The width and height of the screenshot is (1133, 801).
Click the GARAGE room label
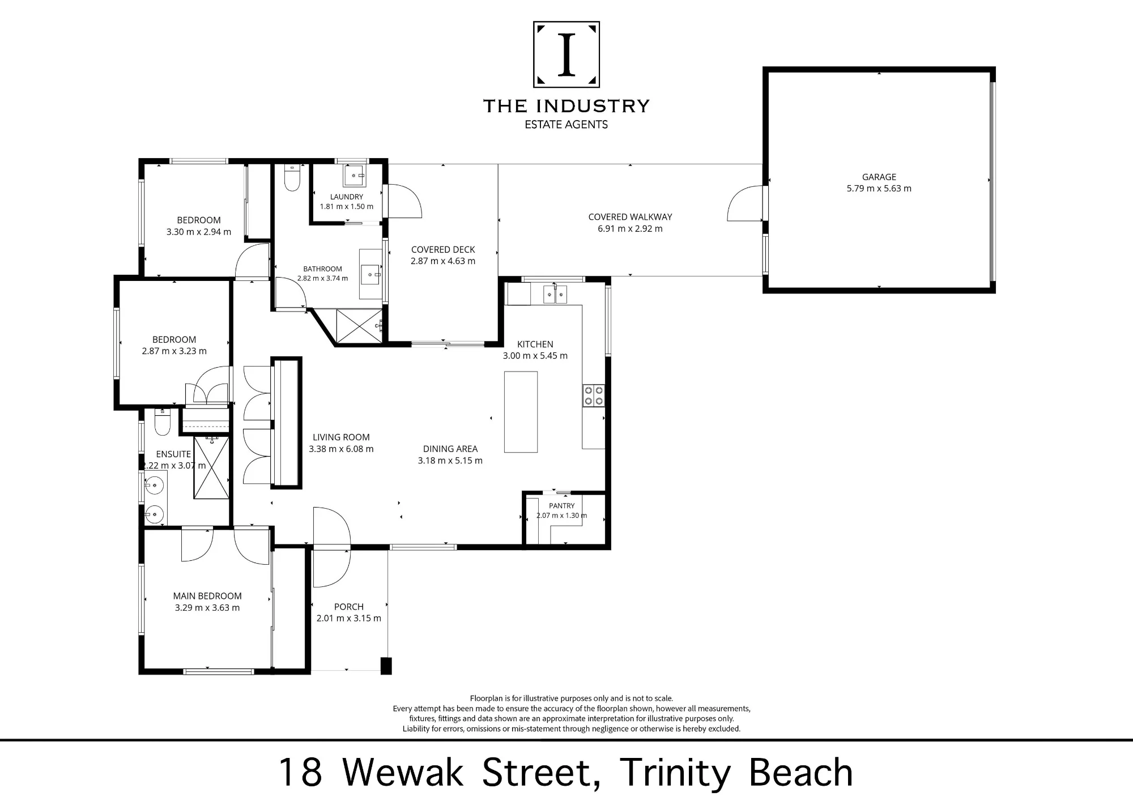point(879,177)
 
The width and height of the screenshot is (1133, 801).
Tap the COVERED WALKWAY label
point(630,216)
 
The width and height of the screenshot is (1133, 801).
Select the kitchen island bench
point(521,412)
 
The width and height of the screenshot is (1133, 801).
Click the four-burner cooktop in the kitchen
point(594,395)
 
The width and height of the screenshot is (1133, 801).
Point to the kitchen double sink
point(555,295)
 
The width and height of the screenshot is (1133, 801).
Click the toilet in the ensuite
point(163,421)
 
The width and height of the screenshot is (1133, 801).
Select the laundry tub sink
point(354,176)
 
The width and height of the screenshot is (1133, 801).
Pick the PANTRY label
point(561,506)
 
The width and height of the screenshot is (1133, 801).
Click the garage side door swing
point(746,203)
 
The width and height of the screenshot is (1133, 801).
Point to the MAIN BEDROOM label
point(207,596)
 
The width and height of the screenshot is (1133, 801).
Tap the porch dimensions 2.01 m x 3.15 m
point(348,618)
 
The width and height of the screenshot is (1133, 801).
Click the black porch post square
point(386,666)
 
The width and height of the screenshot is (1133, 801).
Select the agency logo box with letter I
point(566,54)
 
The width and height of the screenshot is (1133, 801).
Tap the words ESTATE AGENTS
point(566,125)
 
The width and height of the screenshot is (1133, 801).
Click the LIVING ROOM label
point(341,437)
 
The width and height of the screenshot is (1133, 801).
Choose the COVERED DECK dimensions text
point(443,261)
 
